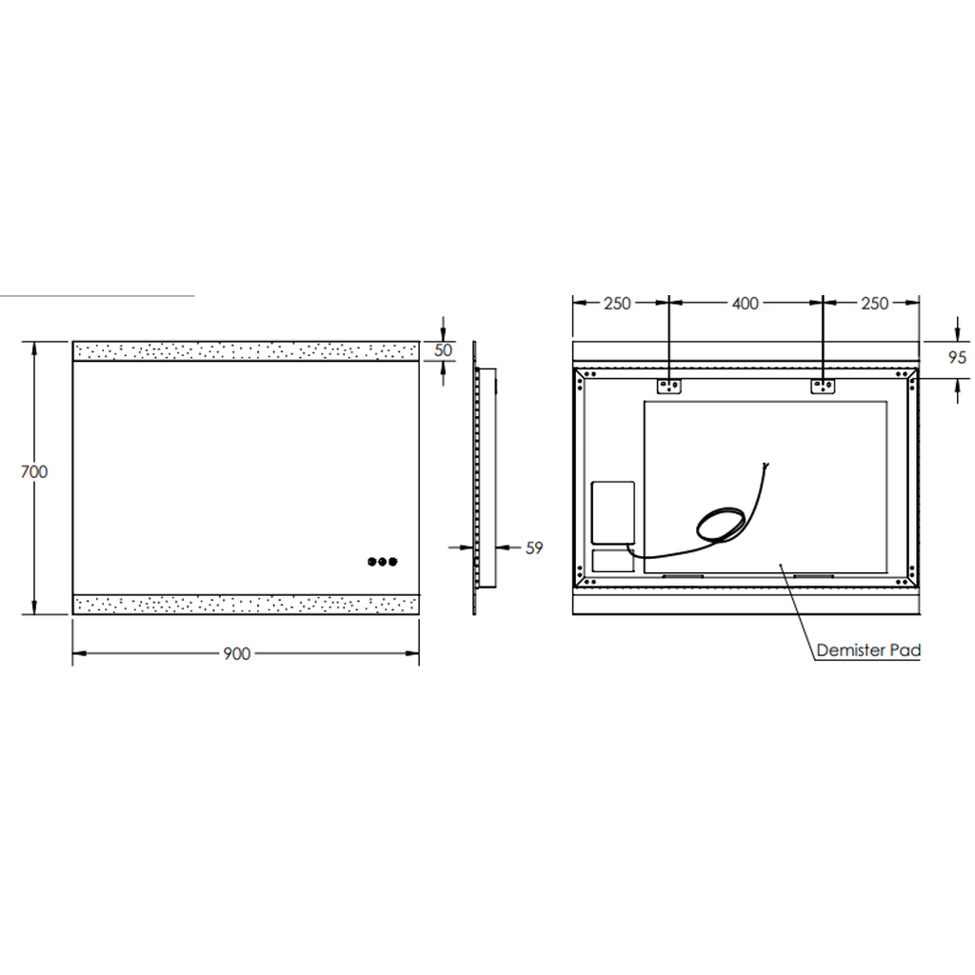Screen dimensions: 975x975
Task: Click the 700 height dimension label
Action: [x=34, y=472]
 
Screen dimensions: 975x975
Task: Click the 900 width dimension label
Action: [x=237, y=653]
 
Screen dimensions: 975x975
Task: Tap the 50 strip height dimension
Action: [x=443, y=350]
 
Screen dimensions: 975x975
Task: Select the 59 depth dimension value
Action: [x=534, y=547]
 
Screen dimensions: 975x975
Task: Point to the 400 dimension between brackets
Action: [x=746, y=304]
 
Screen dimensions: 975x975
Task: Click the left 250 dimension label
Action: [x=617, y=304]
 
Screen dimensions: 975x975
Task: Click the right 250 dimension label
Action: [x=875, y=304]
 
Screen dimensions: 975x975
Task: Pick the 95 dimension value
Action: [x=958, y=358]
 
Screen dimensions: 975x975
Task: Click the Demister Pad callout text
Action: [x=868, y=650]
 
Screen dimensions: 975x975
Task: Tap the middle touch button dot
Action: [x=383, y=562]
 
